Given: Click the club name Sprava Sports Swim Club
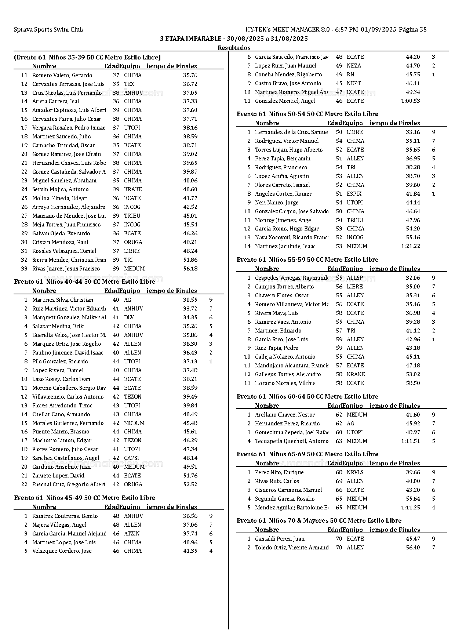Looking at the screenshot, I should [x=48, y=30].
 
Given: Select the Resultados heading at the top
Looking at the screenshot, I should [x=234, y=48].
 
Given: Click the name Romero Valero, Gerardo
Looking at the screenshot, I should [x=62, y=75].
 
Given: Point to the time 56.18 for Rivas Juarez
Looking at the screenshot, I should [x=190, y=269].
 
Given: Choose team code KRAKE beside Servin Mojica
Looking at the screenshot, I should [x=133, y=189].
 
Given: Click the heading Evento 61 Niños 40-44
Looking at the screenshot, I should [x=84, y=281].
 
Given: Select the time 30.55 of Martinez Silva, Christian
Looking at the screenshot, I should [x=190, y=300].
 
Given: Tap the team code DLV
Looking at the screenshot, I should [x=129, y=317].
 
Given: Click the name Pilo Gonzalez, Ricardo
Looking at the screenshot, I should [x=60, y=362].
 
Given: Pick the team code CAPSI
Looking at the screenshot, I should [x=131, y=458].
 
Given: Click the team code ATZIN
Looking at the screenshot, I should [x=131, y=534].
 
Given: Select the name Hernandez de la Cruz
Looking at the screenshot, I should [x=291, y=132].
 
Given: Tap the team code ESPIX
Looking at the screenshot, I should [x=354, y=194].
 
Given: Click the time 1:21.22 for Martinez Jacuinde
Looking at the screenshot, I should [x=410, y=246].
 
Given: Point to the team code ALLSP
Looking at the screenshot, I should [x=355, y=278].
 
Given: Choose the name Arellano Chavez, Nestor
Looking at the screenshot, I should [x=285, y=415].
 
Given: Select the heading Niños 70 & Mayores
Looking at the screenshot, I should [x=319, y=520].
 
